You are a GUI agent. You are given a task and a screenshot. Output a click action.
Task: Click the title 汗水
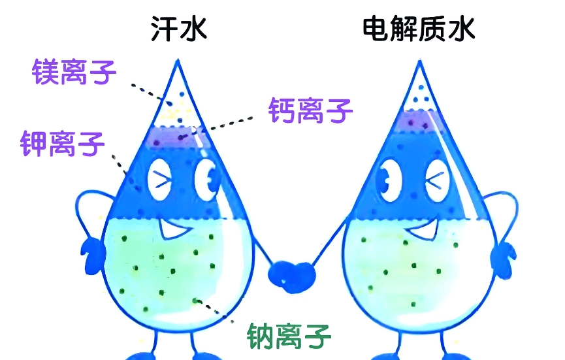tap(179, 29)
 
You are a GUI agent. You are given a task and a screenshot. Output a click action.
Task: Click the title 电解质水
tap(418, 29)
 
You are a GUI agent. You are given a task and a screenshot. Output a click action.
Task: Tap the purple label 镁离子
tap(74, 72)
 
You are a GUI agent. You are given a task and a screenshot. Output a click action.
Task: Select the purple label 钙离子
tap(310, 110)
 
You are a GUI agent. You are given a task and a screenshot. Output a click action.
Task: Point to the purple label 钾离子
tap(62, 144)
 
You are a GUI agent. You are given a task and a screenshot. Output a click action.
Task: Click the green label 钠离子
tap(289, 336)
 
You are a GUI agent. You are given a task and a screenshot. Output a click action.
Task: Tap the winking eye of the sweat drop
tap(159, 180)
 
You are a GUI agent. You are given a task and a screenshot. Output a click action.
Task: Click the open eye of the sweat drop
tap(207, 179)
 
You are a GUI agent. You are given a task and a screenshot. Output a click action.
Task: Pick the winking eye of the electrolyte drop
tap(438, 180)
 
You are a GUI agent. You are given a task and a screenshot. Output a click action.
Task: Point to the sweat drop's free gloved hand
tap(92, 256)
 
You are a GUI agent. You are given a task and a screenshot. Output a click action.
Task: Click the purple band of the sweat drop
tap(174, 137)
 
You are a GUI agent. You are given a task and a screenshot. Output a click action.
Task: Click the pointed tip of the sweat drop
tap(177, 60)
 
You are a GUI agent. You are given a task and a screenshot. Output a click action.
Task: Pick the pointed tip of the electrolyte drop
tap(419, 61)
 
